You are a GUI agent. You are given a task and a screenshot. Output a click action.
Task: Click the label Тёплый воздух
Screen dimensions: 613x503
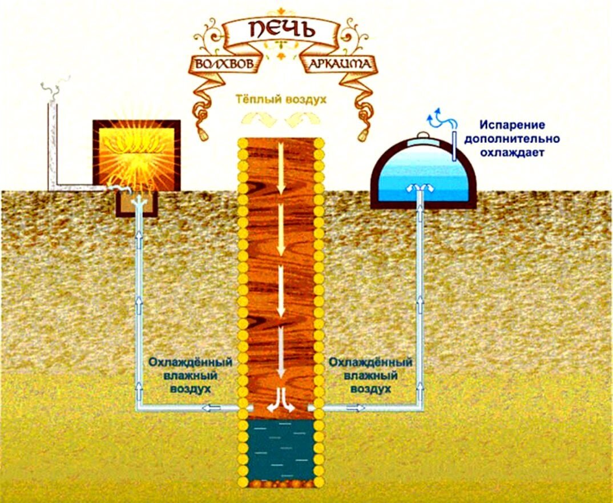tap(282, 99)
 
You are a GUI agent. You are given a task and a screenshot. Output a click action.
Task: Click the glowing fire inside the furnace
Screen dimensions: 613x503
tap(136, 154)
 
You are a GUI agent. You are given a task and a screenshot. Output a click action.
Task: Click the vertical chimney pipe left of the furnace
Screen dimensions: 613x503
tap(52, 143)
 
